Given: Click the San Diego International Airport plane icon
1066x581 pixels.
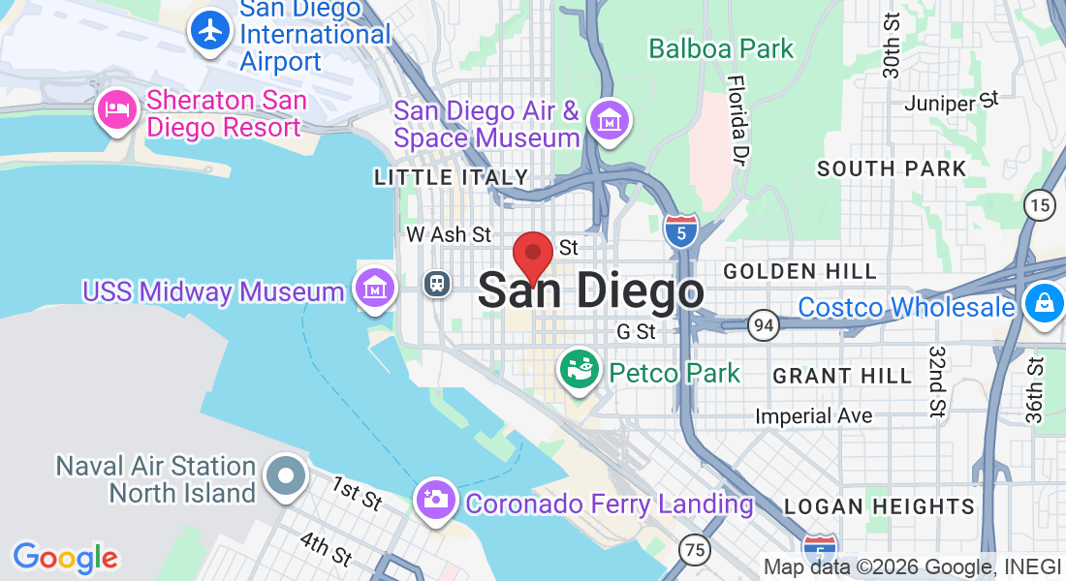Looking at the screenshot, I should pos(209,30).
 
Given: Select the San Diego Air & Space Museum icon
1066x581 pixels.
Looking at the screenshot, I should pos(611,123).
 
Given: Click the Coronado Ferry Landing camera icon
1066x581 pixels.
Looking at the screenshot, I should pos(435,501).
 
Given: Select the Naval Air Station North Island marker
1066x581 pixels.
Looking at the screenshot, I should pos(286,477).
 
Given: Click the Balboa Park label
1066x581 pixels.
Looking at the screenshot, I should pos(721,48).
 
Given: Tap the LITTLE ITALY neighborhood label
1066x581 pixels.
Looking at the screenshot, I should pos(452,177).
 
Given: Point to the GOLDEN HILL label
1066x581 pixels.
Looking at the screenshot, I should pos(799,271).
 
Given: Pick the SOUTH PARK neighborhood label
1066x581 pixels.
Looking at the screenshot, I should pos(892,168).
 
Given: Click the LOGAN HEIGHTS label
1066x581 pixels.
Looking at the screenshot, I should pos(879,506).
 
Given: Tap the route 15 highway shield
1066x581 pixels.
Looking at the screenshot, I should pos(1039,204).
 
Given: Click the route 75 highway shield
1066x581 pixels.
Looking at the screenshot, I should pos(693,548).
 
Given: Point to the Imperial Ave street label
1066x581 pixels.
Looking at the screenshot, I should pos(814,416).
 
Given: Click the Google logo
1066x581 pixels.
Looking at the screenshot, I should pos(65,558).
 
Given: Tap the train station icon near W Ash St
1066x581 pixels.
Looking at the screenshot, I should pos(438,283).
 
